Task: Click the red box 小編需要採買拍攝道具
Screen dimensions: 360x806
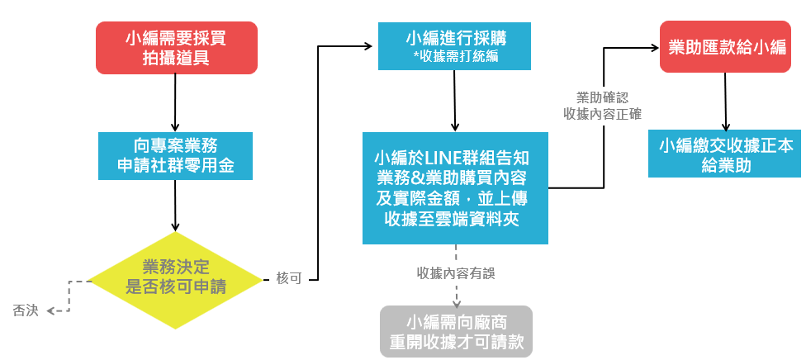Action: pyautogui.click(x=176, y=47)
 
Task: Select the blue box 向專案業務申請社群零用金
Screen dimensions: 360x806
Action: pyautogui.click(x=175, y=154)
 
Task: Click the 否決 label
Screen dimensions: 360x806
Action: pyautogui.click(x=26, y=310)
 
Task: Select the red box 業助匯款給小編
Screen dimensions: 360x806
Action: pyautogui.click(x=726, y=47)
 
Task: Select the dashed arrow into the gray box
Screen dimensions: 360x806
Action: pyautogui.click(x=456, y=297)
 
